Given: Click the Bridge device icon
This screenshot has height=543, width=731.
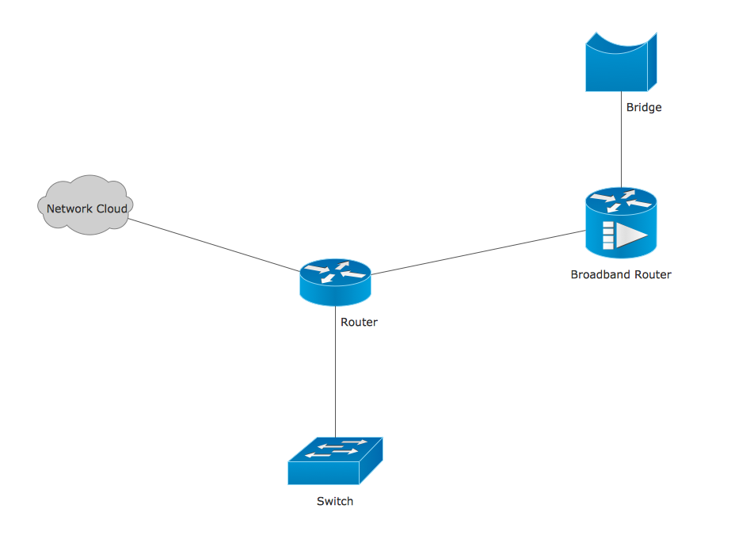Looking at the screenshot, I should point(621,62).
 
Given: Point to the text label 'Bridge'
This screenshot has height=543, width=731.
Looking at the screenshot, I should point(643,107).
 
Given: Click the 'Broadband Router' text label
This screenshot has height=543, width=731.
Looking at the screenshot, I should point(621,275).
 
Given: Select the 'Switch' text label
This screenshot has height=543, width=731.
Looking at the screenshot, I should point(335,501).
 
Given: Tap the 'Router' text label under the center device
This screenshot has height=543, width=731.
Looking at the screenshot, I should point(359,322).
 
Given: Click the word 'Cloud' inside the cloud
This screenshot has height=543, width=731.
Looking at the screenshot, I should point(112,209).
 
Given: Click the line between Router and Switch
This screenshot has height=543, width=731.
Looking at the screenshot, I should point(335,373).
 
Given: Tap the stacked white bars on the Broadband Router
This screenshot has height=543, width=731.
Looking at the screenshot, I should point(608,235).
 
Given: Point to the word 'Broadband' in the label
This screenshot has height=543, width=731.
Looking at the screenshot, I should point(599,275).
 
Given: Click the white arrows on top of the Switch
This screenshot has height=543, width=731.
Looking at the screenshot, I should point(335,448).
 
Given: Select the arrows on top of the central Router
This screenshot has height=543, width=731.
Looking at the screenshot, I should point(335,272).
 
